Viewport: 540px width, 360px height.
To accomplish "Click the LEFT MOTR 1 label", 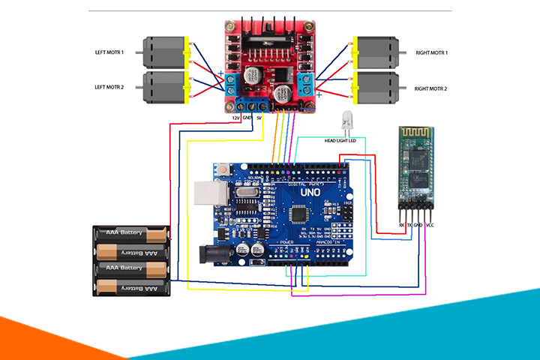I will (x=109, y=52).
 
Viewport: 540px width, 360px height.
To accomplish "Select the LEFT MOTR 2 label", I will (x=109, y=88).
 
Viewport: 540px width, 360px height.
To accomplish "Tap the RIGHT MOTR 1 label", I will (x=431, y=52).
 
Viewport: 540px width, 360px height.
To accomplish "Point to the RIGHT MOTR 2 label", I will (x=431, y=88).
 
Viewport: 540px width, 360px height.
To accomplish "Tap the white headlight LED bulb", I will (x=346, y=118).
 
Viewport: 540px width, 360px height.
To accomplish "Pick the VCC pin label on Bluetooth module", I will (x=430, y=224).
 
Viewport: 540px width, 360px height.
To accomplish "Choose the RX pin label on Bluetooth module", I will (x=402, y=224).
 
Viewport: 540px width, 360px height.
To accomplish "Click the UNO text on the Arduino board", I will (x=310, y=193).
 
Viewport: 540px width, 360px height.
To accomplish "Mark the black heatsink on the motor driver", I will (x=266, y=28).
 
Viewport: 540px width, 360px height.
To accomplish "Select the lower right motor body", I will (x=378, y=88).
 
